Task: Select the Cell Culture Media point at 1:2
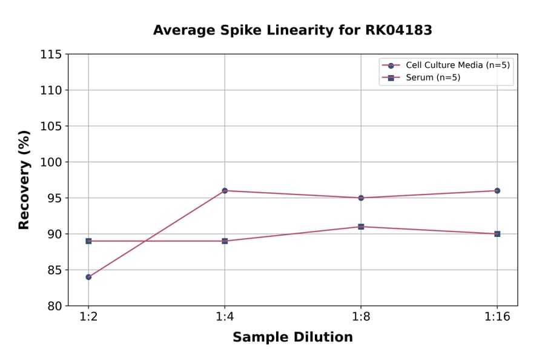point(88,277)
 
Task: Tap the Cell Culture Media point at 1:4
point(225,191)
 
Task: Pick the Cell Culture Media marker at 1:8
point(361,198)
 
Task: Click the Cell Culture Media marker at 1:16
point(497,191)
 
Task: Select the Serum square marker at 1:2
point(88,241)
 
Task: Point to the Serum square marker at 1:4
point(225,241)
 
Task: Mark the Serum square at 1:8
point(361,227)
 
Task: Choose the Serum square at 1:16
point(497,234)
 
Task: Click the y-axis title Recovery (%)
point(24,180)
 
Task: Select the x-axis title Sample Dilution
point(292,338)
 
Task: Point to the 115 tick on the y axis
point(51,55)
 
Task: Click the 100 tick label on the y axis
point(51,162)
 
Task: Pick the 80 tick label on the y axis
point(54,306)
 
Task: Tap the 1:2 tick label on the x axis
point(88,317)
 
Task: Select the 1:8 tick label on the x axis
point(361,317)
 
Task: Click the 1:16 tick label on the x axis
point(497,317)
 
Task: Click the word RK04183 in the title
point(397,30)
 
